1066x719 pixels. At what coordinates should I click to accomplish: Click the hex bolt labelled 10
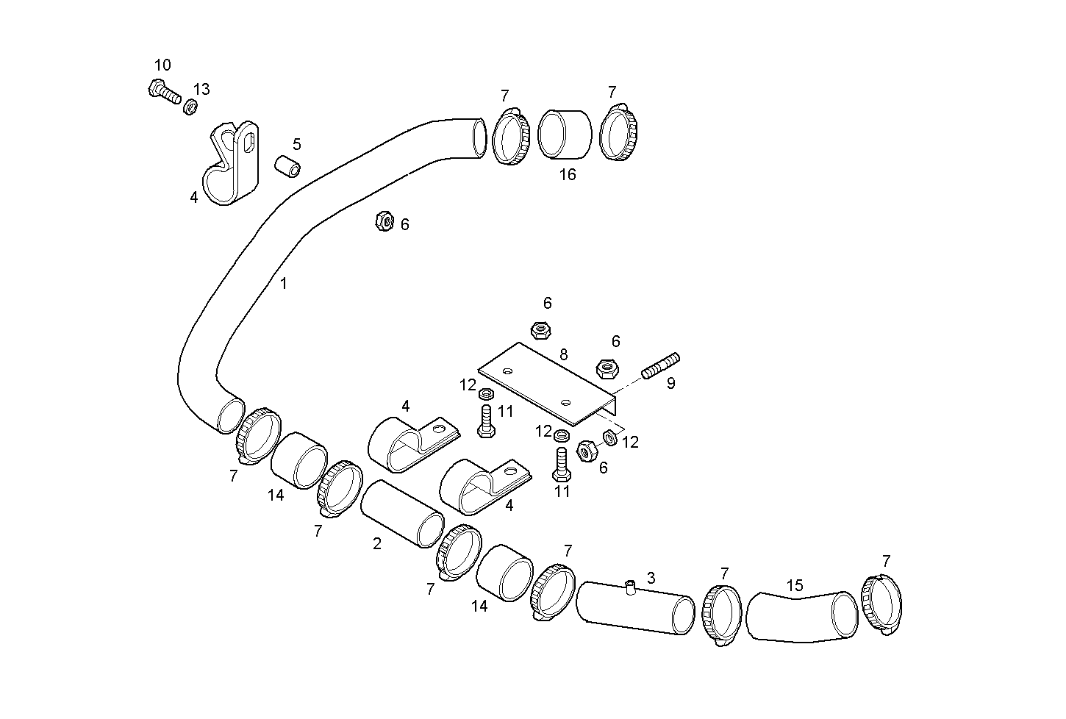(x=164, y=92)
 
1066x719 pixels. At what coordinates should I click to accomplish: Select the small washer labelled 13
(x=189, y=107)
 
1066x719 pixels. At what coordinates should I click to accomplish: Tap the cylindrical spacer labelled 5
(x=288, y=166)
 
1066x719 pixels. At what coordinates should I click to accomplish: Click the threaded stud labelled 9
(x=661, y=366)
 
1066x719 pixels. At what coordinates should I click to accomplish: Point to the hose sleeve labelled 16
(x=565, y=135)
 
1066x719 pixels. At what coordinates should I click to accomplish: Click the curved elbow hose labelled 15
(x=801, y=616)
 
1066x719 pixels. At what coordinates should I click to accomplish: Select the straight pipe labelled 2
(x=401, y=514)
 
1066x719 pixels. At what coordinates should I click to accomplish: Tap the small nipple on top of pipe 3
(x=630, y=585)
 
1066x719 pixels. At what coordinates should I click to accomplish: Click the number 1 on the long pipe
(x=284, y=283)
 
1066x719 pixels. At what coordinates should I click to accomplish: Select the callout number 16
(x=567, y=175)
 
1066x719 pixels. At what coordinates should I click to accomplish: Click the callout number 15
(x=795, y=585)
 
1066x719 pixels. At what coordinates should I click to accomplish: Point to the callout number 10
(x=162, y=65)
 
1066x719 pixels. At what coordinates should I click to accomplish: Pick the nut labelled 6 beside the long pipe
(x=384, y=221)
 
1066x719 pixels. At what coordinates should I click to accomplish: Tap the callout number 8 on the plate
(x=563, y=354)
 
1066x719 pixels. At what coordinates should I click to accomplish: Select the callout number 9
(x=670, y=383)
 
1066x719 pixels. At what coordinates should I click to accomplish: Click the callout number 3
(x=651, y=578)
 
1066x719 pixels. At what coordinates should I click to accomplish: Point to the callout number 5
(x=296, y=144)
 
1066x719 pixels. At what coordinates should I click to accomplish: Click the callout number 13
(x=201, y=89)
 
